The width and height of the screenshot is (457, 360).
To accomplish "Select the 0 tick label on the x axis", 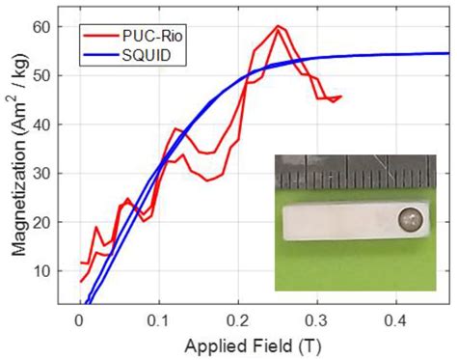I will [x=78, y=318].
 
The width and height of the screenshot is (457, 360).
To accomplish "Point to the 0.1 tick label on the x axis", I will [x=158, y=318].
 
